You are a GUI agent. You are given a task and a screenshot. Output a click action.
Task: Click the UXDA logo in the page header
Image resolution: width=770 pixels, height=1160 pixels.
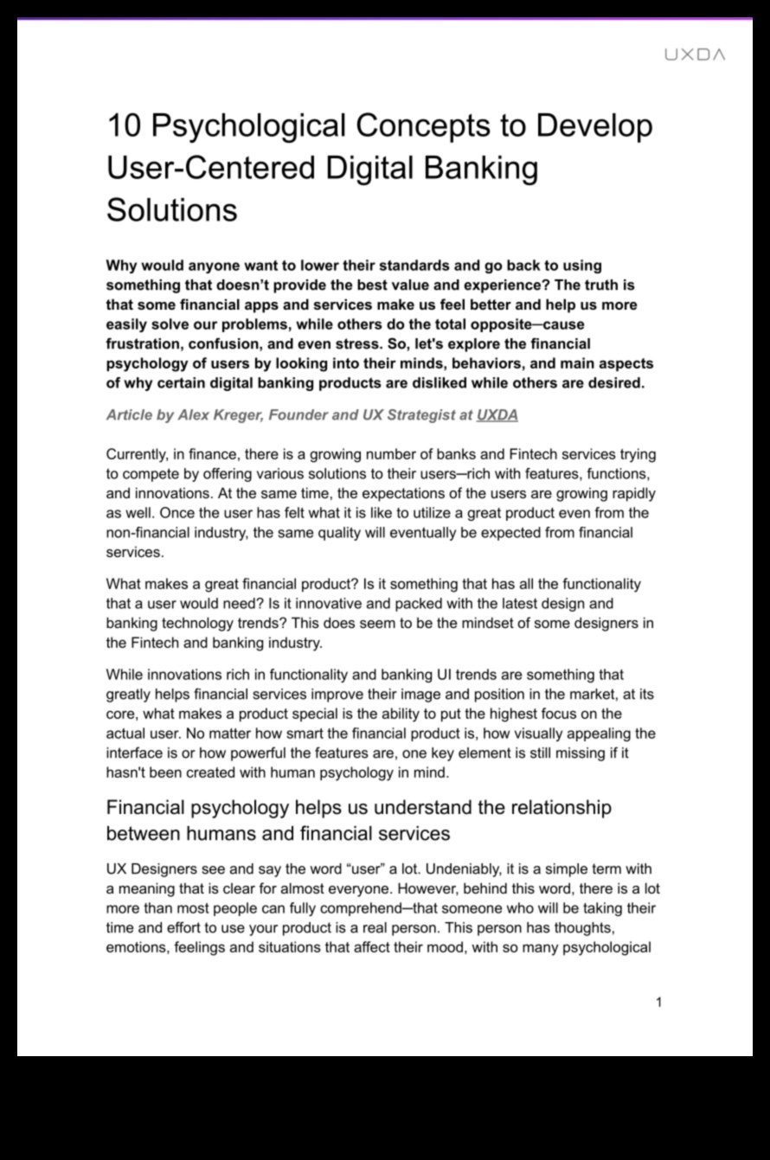coord(695,54)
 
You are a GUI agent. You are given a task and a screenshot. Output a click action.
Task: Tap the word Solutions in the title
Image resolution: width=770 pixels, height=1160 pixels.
coord(171,209)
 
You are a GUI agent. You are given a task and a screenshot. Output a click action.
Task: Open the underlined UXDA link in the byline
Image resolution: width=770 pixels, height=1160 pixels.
coord(497,415)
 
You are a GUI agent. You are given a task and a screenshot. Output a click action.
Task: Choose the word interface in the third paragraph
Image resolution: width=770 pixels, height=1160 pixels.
coord(134,753)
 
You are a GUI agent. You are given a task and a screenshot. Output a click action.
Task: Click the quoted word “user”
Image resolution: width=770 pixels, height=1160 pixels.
coord(363,869)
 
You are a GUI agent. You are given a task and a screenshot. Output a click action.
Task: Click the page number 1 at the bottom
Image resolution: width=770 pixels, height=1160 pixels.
coord(659,1003)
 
